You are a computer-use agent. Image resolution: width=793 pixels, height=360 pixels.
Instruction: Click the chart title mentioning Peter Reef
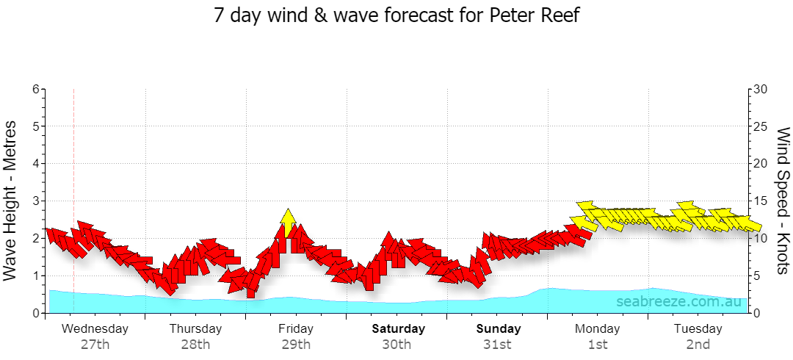pos(396,15)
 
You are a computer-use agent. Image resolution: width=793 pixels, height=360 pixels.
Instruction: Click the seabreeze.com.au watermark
pos(678,302)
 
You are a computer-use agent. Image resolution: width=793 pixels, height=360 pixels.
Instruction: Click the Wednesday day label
pos(95,328)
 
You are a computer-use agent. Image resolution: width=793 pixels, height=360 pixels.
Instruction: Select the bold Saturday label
pos(399,328)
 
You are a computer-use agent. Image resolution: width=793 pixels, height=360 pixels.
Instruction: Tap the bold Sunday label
pos(499,328)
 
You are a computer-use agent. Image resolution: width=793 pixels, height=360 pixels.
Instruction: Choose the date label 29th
pos(297,345)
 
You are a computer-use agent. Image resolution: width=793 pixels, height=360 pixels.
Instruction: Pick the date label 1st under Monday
pos(598,345)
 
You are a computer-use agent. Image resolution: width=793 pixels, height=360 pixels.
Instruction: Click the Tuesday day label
pos(698,328)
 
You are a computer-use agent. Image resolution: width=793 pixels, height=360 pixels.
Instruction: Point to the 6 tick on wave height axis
pos(36,89)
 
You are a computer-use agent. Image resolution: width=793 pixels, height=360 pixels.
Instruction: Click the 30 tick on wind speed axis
pos(761,89)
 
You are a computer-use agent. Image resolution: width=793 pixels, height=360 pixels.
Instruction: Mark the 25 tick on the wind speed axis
pos(761,126)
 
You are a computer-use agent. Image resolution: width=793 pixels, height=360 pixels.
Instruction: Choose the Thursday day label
pos(196,328)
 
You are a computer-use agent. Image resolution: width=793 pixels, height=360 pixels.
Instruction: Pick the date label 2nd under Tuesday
pos(698,345)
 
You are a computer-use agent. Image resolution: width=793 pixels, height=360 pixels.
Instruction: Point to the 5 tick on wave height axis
pos(36,126)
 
